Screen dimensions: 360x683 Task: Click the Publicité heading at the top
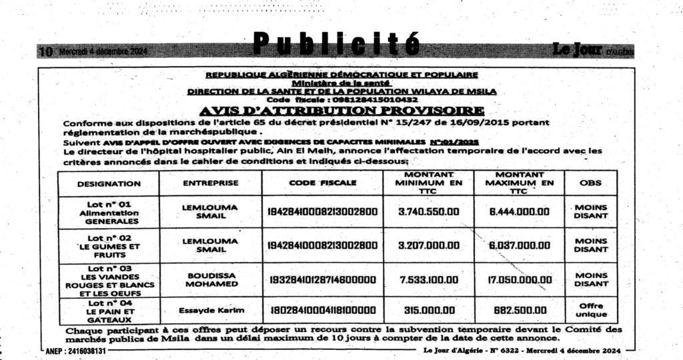pos(337,44)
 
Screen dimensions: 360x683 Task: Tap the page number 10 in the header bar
pos(45,51)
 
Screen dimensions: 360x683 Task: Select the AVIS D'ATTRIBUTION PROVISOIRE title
pos(341,110)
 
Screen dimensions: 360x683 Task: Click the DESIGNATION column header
pos(109,183)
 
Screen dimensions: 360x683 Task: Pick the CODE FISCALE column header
pos(323,183)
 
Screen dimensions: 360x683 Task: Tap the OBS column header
pos(590,183)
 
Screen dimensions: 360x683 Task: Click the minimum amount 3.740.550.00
pos(429,211)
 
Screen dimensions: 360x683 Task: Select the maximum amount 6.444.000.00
pos(519,211)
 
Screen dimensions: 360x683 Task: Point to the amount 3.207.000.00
pos(429,245)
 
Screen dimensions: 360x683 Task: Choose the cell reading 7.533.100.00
pos(429,280)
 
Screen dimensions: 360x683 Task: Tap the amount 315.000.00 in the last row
pos(429,309)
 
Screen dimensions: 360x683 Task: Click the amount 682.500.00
pos(519,309)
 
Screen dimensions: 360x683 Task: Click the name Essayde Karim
pos(211,309)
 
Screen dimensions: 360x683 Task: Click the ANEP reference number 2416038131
pos(75,351)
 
